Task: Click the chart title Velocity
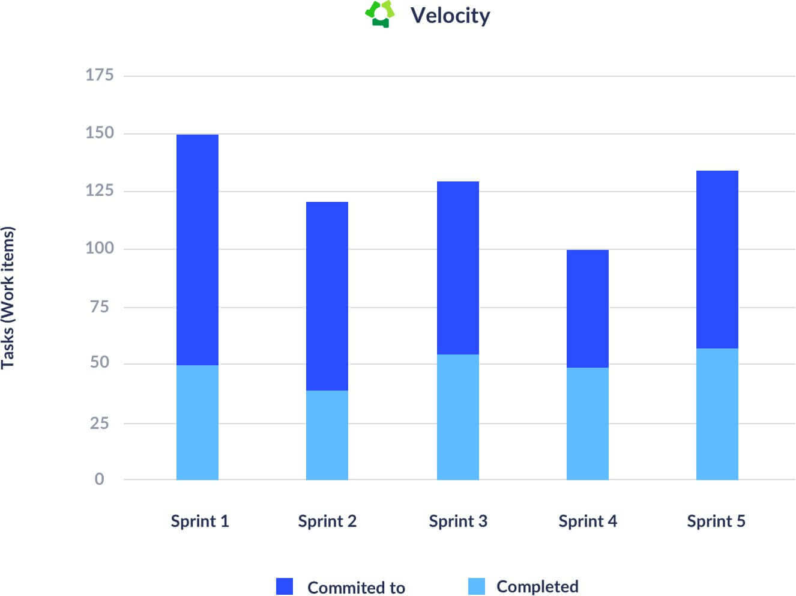[x=450, y=15]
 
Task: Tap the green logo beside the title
[x=379, y=14]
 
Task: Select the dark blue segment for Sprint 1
[x=197, y=249]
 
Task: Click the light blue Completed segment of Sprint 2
[x=327, y=435]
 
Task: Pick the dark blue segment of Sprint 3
[x=458, y=267]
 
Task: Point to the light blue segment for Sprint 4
[x=588, y=424]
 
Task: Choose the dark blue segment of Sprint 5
[x=717, y=260]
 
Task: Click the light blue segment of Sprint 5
[x=717, y=414]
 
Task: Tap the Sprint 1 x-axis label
[x=200, y=521]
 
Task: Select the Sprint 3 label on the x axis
[x=458, y=521]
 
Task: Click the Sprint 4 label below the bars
[x=588, y=521]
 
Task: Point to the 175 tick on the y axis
[x=100, y=75]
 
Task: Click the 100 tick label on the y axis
[x=100, y=248]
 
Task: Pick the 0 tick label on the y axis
[x=99, y=479]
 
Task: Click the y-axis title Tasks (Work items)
[x=8, y=297]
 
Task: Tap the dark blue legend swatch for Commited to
[x=285, y=586]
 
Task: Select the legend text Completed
[x=537, y=586]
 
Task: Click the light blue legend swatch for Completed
[x=477, y=586]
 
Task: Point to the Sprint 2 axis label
[x=327, y=521]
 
